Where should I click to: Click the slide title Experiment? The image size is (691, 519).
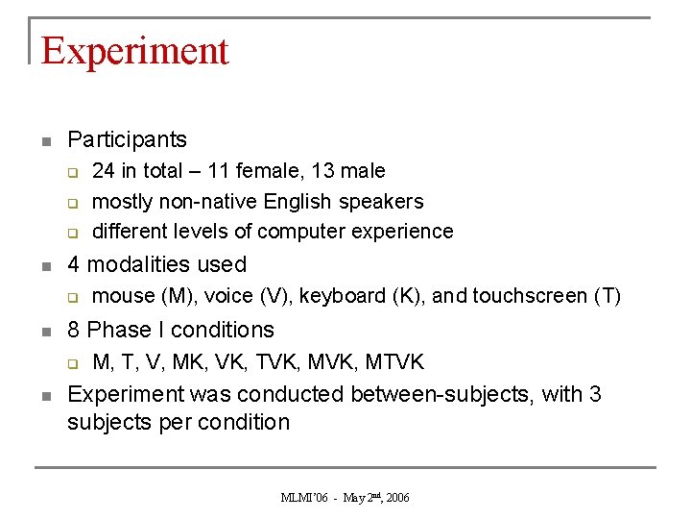pos(135,51)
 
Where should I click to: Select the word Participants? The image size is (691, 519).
pos(127,140)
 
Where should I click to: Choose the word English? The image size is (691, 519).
pos(296,202)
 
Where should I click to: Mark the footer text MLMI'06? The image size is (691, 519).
pos(305,498)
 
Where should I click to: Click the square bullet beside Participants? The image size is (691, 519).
pos(44,142)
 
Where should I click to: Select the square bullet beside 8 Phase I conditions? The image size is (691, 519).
pos(44,332)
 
